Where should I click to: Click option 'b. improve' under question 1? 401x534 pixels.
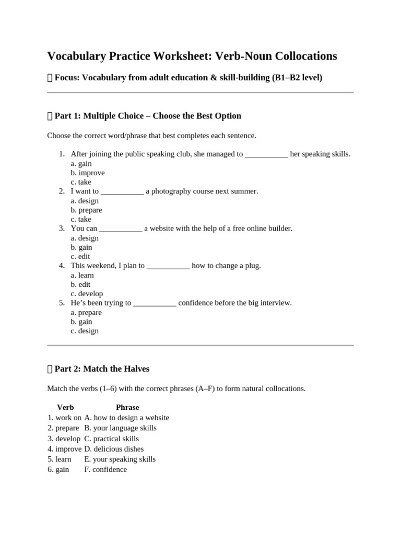pyautogui.click(x=88, y=173)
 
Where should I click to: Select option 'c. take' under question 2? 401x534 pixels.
pyautogui.click(x=81, y=219)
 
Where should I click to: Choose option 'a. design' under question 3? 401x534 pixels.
pyautogui.click(x=85, y=238)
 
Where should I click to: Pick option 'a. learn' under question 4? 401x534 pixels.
pyautogui.click(x=82, y=275)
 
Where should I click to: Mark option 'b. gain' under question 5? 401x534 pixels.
pyautogui.click(x=81, y=322)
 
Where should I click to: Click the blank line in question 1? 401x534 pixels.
pyautogui.click(x=266, y=154)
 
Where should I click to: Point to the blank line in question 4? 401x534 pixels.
pyautogui.click(x=168, y=266)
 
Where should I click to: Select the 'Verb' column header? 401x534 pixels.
pyautogui.click(x=65, y=407)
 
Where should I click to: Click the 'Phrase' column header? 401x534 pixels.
pyautogui.click(x=127, y=407)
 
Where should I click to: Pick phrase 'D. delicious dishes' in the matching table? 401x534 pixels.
pyautogui.click(x=114, y=448)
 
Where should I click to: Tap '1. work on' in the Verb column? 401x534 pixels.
pyautogui.click(x=64, y=418)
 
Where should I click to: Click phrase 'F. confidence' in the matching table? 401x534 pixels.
pyautogui.click(x=105, y=469)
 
